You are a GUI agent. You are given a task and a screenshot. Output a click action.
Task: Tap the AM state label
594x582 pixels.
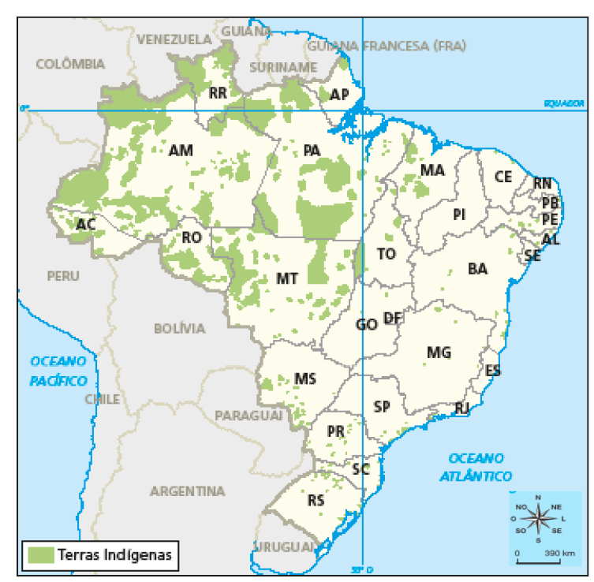coord(181,150)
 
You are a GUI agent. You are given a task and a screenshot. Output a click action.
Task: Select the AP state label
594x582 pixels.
coord(339,95)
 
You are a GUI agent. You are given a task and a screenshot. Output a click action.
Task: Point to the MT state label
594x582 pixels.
coord(287,278)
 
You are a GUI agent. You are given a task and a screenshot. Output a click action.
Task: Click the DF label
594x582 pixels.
coord(393,318)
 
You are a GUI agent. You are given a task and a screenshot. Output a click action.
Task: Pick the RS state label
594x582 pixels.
coord(316,500)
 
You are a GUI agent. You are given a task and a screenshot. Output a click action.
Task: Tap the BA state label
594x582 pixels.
coord(477,269)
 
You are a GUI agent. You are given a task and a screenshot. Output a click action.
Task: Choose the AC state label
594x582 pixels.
coord(86,225)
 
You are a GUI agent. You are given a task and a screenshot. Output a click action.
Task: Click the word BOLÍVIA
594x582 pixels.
coord(179,328)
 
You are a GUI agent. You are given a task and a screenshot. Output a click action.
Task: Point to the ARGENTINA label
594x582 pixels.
coord(187,491)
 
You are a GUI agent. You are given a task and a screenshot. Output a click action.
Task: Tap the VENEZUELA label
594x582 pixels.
coord(174,39)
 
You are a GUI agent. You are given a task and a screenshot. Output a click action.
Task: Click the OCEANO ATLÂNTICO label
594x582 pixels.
coord(476,467)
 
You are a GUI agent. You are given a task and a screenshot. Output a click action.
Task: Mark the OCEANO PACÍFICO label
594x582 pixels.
coord(58,371)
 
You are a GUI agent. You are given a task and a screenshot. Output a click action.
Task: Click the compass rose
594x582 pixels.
coord(537,518)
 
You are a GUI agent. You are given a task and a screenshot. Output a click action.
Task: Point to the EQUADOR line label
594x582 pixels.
coord(563,103)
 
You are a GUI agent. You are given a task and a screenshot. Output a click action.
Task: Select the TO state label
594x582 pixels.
coord(386,254)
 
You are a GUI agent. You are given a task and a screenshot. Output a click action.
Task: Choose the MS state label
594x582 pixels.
coord(304,379)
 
